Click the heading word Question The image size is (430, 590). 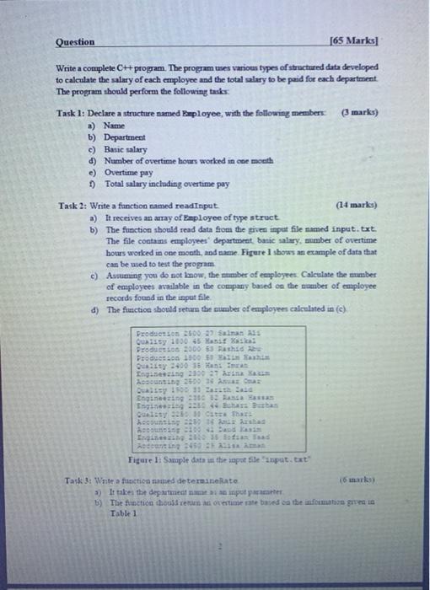75,41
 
